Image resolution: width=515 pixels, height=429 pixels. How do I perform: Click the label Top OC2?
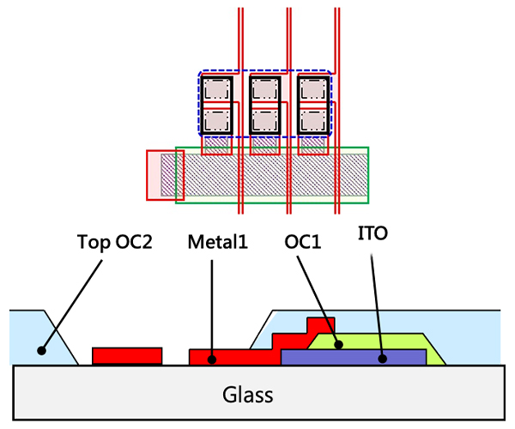coord(114,243)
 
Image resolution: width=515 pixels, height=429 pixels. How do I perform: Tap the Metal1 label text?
coord(217,243)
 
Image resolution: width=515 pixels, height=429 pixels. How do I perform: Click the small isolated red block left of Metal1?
coord(127,355)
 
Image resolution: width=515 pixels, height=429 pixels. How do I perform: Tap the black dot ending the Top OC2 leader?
coord(40,350)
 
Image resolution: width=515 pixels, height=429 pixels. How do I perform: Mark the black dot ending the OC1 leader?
coord(340,346)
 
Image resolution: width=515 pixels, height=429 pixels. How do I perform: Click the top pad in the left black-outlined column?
coord(217,89)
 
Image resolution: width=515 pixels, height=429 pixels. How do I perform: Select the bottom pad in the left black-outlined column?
coord(217,119)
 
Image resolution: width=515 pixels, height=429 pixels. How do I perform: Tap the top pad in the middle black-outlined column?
coord(265,89)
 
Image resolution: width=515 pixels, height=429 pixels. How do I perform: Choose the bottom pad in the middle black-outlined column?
coord(265,119)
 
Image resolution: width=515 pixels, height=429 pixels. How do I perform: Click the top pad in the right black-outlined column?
coord(313,89)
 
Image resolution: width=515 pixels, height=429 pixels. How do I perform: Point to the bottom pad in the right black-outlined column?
coord(313,119)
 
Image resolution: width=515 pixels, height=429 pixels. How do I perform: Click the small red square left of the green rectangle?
coord(160,175)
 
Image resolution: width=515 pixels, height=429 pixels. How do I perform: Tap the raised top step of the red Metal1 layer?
coord(320,323)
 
